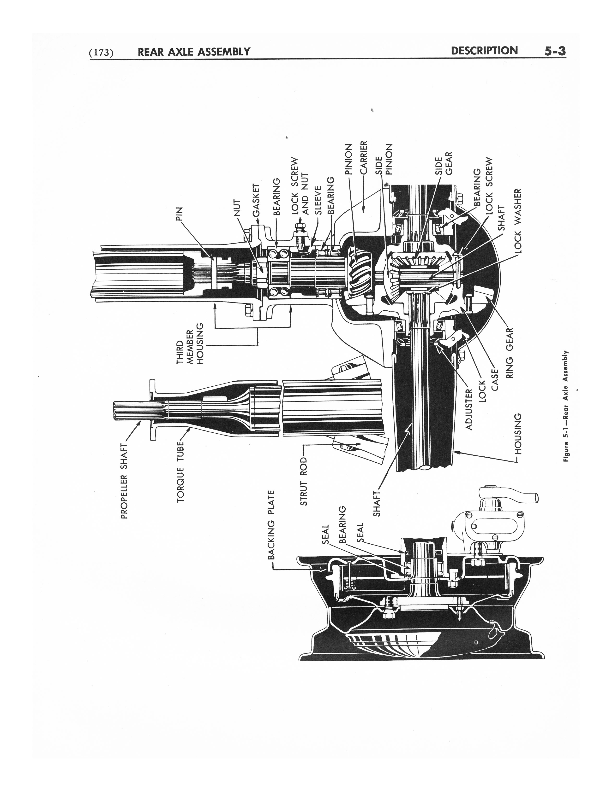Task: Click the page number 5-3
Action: coord(554,51)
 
